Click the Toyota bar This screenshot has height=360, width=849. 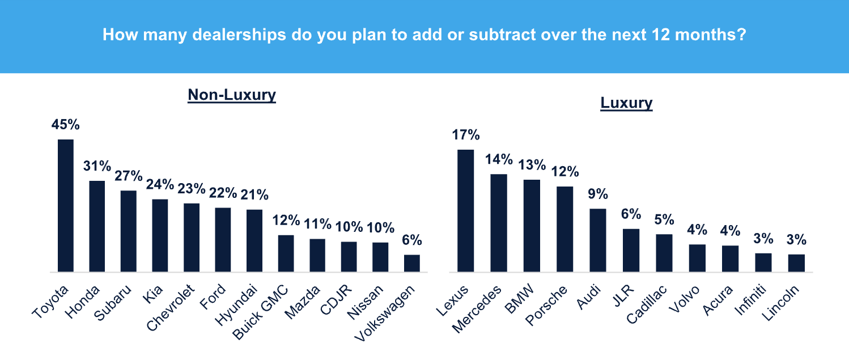pos(66,206)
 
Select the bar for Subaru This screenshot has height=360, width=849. pos(129,231)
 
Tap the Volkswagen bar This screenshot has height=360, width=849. pos(412,264)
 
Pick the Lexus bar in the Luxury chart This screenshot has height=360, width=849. pos(465,211)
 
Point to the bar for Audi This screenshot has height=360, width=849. pos(598,240)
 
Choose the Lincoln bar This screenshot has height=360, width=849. pos(796,263)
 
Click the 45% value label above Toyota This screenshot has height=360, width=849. pos(66,124)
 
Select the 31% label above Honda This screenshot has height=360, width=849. pos(97,166)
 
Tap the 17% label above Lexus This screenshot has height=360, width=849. pos(466,135)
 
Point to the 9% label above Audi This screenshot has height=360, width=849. pos(598,194)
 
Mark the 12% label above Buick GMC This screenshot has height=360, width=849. pos(286,220)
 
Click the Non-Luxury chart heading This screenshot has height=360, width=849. pos(232,95)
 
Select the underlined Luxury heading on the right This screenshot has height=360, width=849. pos(626,103)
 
